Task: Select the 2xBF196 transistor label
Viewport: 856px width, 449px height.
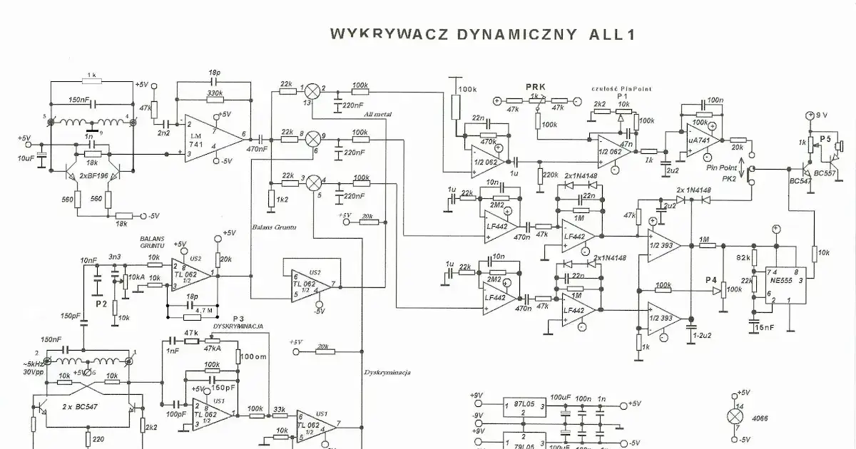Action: tap(94, 175)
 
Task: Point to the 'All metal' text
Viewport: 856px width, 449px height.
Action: tap(377, 113)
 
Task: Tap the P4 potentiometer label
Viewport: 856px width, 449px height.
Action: tap(710, 280)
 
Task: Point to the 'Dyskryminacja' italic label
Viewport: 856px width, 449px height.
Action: tap(387, 371)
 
